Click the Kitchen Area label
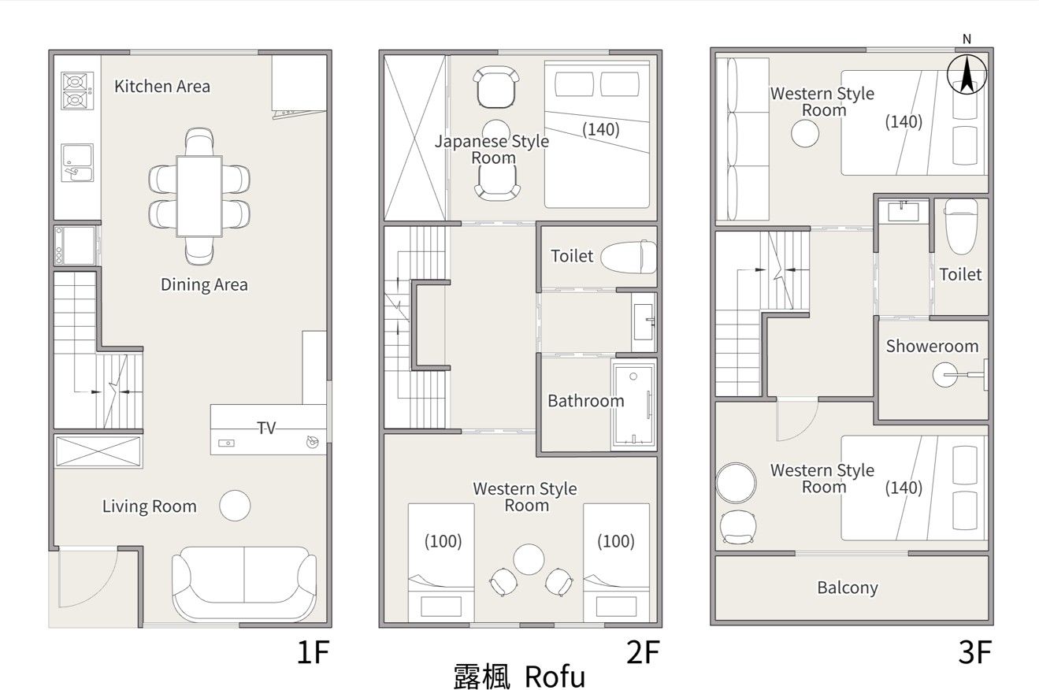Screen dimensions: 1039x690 (x=162, y=87)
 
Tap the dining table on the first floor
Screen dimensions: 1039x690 (x=199, y=196)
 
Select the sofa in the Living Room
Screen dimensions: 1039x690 (x=244, y=584)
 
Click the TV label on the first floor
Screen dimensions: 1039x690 (x=266, y=428)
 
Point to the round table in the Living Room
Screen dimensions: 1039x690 (x=235, y=506)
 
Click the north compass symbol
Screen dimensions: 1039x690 (x=967, y=74)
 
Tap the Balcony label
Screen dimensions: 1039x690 (x=848, y=588)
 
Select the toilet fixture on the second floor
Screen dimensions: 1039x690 (x=629, y=257)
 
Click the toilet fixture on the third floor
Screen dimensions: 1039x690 (x=961, y=226)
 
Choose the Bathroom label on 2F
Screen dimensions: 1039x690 (x=586, y=401)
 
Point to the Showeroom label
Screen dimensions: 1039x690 (x=933, y=346)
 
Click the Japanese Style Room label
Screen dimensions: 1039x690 (x=492, y=150)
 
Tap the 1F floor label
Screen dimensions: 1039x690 (x=313, y=652)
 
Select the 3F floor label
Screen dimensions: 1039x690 (x=974, y=652)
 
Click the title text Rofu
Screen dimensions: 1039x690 (x=555, y=677)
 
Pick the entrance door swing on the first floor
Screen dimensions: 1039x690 (x=87, y=577)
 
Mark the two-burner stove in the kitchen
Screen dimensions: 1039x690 (x=77, y=91)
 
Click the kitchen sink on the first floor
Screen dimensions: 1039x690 (x=77, y=163)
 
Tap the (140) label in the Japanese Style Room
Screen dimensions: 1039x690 (x=601, y=129)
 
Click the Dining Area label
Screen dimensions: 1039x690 (x=204, y=284)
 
